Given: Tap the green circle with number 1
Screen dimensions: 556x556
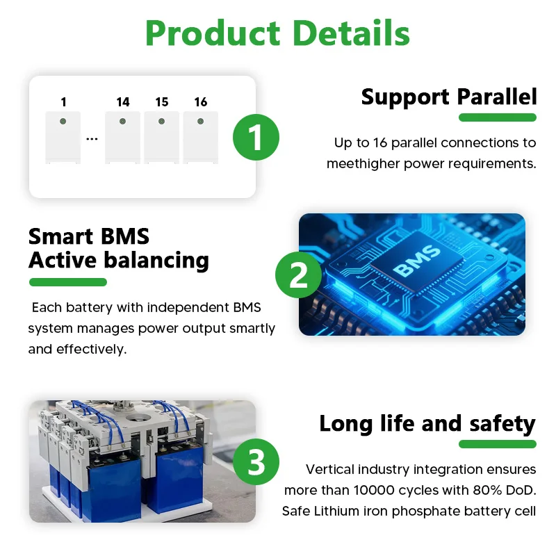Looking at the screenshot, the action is coord(256,137).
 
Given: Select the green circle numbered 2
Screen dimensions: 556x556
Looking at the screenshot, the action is coord(298,276).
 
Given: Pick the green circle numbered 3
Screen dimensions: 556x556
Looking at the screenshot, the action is coord(256,461).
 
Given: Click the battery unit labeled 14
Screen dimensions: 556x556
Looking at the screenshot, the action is coord(123,138).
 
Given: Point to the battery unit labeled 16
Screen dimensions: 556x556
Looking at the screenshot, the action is coord(201,138).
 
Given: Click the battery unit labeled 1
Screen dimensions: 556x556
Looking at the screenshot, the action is coord(63,138).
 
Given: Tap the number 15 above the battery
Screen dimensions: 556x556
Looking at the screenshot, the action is coord(162,102).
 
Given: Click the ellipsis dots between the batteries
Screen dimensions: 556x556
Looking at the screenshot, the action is coord(92,138).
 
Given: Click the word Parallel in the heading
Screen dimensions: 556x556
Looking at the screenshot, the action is coord(497,97).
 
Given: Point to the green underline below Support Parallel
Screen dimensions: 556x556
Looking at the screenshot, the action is coord(496,117).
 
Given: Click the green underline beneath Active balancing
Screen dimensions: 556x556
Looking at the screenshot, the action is coord(67,282).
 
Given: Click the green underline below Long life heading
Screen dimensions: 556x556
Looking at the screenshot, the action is coord(496,444).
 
